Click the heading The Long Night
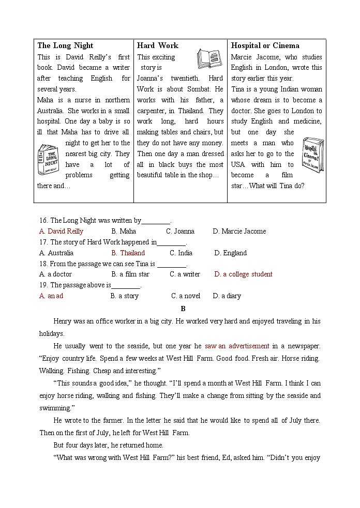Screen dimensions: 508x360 click(x=65, y=45)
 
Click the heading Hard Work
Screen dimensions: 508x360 click(x=157, y=45)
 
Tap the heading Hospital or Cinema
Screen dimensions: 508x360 click(x=265, y=45)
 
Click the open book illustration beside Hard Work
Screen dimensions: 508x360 click(x=209, y=59)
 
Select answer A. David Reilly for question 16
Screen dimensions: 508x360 click(x=61, y=231)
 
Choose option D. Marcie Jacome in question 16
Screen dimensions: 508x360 click(x=239, y=231)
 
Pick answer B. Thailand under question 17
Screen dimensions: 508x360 click(x=128, y=253)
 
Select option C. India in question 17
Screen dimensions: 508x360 click(x=181, y=253)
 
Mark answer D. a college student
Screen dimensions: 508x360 click(x=243, y=274)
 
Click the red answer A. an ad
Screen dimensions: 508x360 click(x=51, y=296)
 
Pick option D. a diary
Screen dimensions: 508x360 click(x=227, y=296)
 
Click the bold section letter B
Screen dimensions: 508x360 click(x=183, y=309)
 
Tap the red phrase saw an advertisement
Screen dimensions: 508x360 click(x=237, y=346)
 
